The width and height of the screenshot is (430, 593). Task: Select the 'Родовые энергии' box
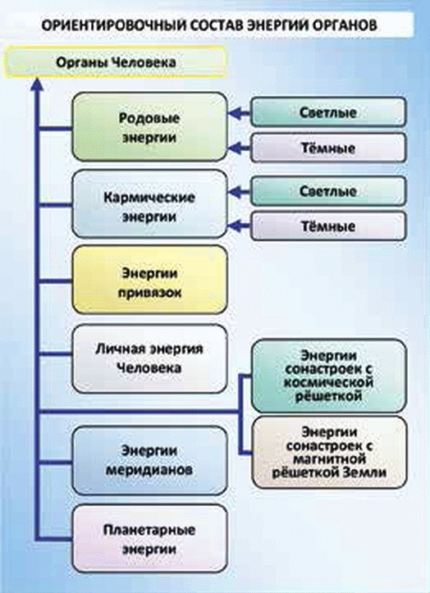click(x=148, y=125)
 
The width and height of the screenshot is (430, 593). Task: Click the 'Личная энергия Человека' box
click(x=148, y=358)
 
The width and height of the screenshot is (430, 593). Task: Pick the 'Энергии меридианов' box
click(x=148, y=460)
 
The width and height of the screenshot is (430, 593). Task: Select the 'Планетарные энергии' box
click(x=148, y=538)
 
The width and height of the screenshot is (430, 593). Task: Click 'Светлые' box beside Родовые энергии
click(x=328, y=112)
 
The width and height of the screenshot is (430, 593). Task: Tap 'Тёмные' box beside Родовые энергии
click(x=328, y=148)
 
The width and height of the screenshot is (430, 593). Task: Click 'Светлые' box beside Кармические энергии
click(x=328, y=191)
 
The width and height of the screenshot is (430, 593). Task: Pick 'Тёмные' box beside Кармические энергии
click(x=328, y=226)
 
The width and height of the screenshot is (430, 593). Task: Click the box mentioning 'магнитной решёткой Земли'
click(x=327, y=453)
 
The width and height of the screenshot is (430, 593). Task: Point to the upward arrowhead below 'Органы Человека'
click(x=35, y=84)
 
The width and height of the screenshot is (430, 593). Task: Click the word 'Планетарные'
click(x=148, y=530)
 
